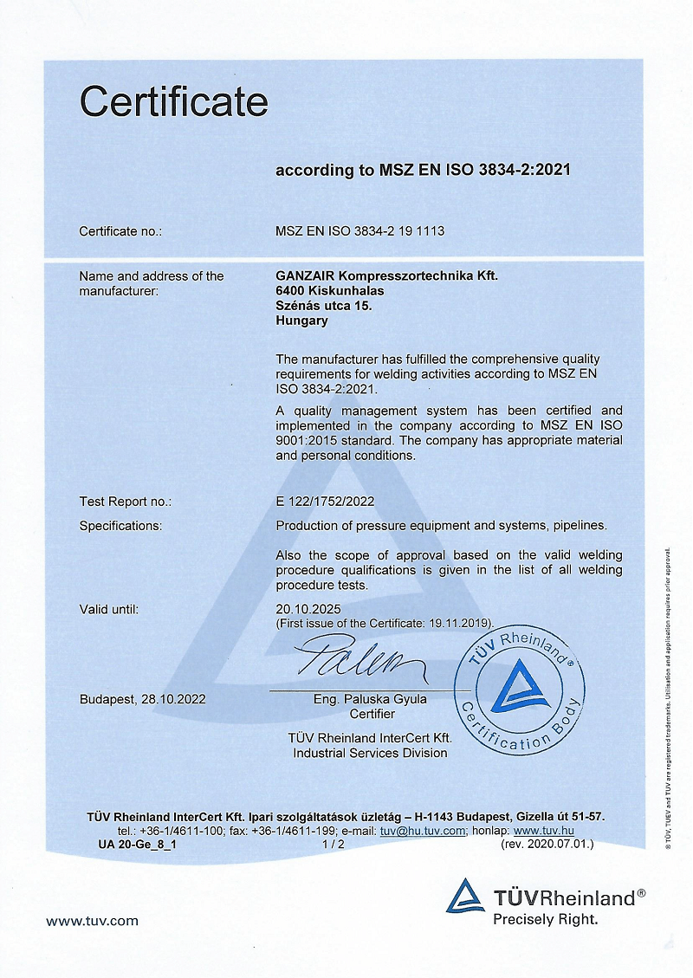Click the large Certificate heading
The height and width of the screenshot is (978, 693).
click(x=173, y=102)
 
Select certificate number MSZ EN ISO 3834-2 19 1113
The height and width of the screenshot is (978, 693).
click(x=359, y=231)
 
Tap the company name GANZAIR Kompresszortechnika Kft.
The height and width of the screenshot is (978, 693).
click(x=386, y=276)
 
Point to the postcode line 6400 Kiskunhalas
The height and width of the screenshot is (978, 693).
click(x=329, y=291)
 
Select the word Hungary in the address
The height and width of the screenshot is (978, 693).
click(x=301, y=321)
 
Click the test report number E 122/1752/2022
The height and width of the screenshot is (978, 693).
click(x=325, y=502)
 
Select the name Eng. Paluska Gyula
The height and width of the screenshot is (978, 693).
click(x=372, y=699)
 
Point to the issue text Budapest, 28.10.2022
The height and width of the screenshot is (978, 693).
click(x=142, y=699)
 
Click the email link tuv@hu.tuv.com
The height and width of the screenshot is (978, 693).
click(x=424, y=831)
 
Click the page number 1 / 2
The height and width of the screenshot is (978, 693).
click(x=334, y=843)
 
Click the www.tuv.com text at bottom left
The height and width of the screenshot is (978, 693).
click(x=92, y=921)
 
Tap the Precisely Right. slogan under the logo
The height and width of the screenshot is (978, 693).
click(x=546, y=919)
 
